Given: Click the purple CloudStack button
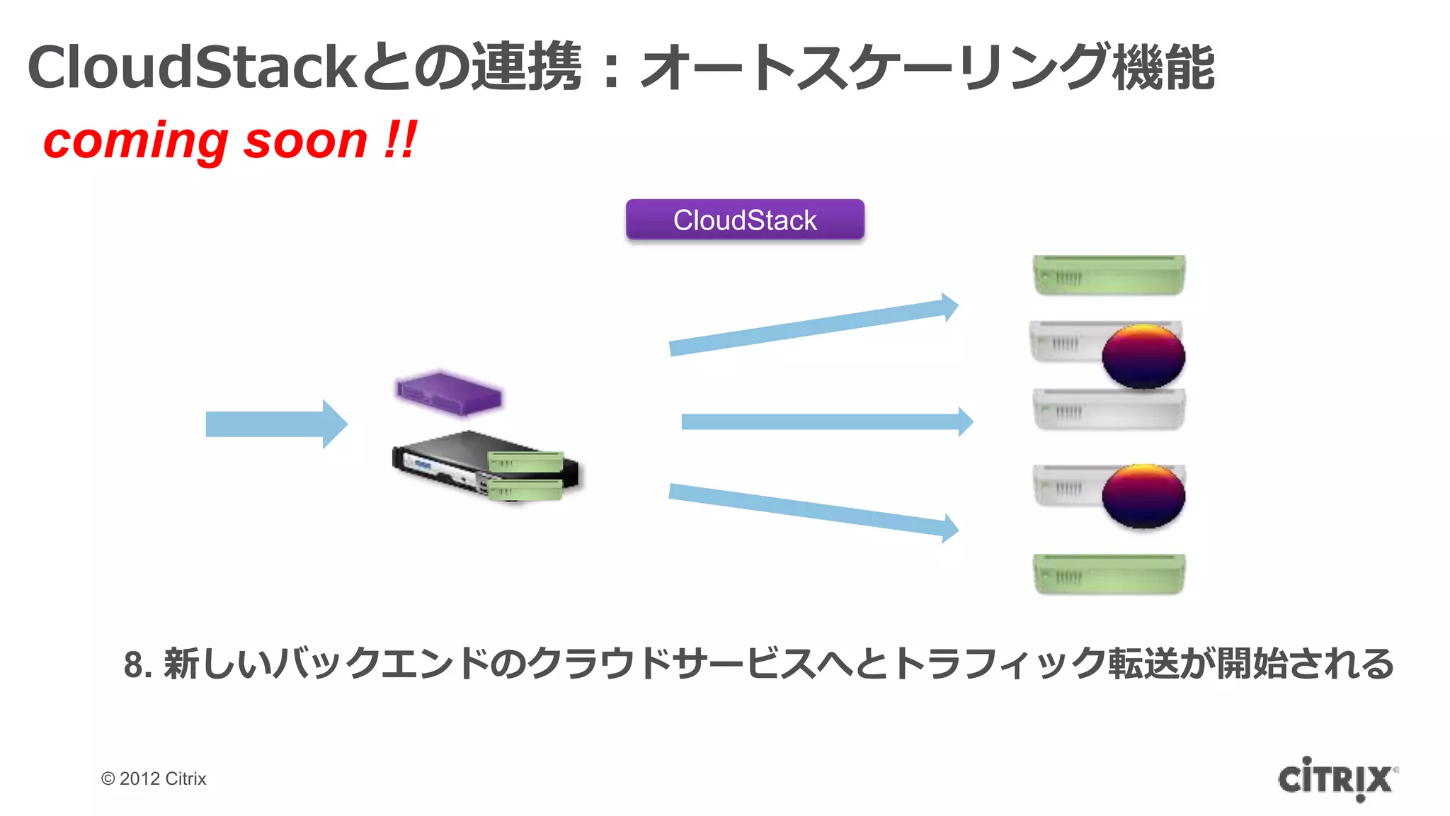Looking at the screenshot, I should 745,220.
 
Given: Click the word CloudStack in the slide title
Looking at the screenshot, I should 191,67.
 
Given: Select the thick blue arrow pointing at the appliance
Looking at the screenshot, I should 276,424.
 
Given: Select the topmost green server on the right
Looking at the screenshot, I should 1109,275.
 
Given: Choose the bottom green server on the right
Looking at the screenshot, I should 1109,574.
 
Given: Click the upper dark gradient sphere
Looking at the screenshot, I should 1143,356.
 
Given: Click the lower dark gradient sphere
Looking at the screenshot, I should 1143,496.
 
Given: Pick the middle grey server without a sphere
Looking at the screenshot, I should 1109,409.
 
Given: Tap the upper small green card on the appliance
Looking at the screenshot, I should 525,462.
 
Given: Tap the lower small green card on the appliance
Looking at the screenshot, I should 525,489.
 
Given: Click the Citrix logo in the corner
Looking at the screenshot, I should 1337,779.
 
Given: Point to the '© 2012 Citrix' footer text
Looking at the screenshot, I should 154,778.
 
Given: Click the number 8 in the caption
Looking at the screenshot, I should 133,665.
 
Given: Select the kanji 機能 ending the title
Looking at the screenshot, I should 1164,67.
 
